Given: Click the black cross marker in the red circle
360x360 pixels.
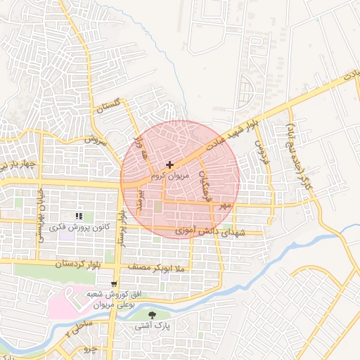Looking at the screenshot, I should point(169,165).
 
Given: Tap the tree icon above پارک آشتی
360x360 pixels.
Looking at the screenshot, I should point(153,315).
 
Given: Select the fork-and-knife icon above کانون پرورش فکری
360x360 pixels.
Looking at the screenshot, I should point(79,216).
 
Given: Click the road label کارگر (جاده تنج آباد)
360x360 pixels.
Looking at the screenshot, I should point(300,146).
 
